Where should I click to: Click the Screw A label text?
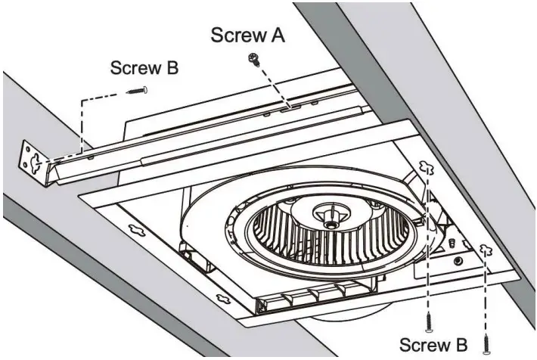(247, 35)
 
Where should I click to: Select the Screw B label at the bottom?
(433, 345)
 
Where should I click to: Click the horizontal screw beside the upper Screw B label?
(138, 90)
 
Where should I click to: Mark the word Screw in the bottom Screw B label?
(421, 345)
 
